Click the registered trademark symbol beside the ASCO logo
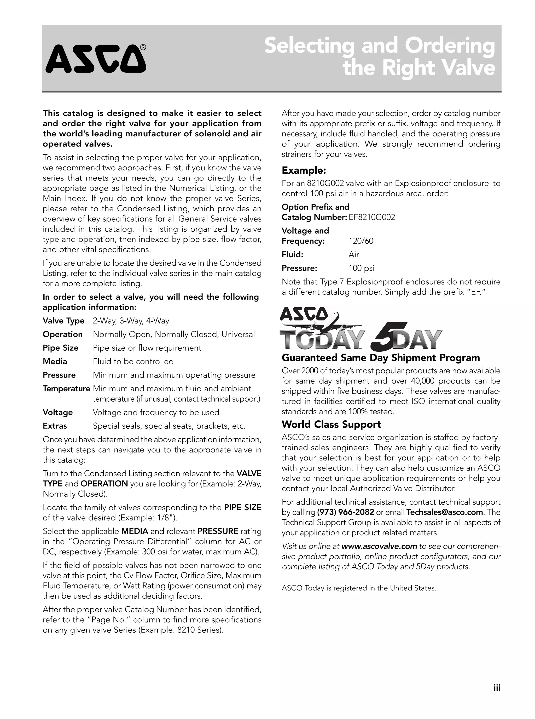143,48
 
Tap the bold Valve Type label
63,321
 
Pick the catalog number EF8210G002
372,217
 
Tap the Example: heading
304,170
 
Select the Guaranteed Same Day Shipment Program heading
381,358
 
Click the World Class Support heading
331,424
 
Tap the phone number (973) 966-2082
346,512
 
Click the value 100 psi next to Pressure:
361,268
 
